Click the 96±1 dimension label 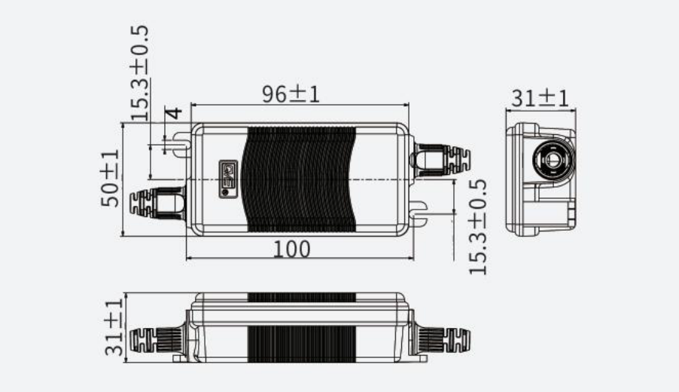click(x=291, y=93)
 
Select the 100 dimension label click(x=291, y=250)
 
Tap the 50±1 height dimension click(x=111, y=178)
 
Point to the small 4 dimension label click(x=174, y=114)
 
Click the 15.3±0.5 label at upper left click(x=140, y=73)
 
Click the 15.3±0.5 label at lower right click(x=478, y=227)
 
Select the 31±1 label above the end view click(x=540, y=99)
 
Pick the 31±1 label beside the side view click(x=114, y=327)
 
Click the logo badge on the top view click(x=228, y=179)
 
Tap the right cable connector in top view click(x=441, y=159)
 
